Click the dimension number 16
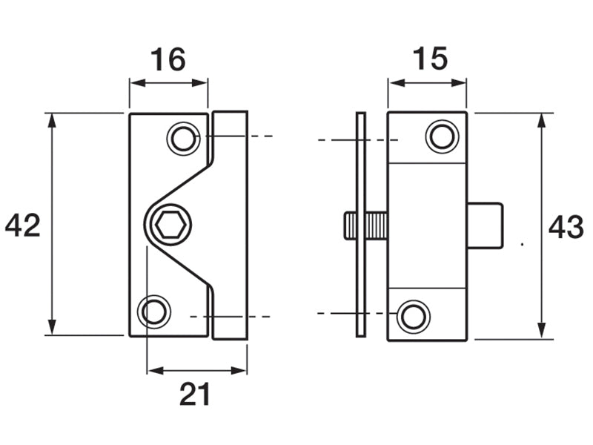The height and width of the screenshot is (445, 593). [x=168, y=59]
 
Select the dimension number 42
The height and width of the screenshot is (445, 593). [x=22, y=225]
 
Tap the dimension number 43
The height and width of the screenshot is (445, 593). [x=566, y=228]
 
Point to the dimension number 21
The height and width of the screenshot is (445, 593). [x=195, y=395]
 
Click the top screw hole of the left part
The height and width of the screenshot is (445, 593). [x=182, y=139]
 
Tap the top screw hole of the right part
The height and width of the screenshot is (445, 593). [x=441, y=136]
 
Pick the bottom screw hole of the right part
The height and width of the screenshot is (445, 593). [x=413, y=316]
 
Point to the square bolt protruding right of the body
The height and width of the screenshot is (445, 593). [x=486, y=225]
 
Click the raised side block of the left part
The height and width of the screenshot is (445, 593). [x=231, y=222]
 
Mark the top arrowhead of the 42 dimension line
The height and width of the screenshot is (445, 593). [x=52, y=119]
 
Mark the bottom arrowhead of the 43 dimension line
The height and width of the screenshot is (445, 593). [x=542, y=332]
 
